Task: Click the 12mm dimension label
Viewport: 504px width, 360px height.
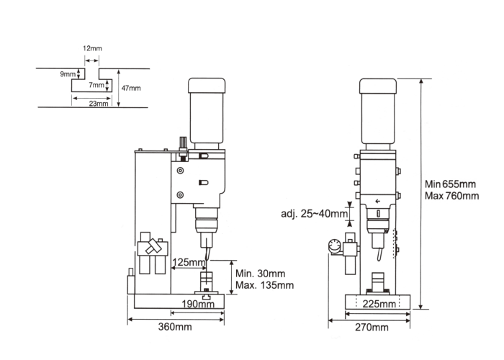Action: tap(92, 48)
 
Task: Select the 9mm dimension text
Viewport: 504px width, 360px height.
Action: tap(68, 74)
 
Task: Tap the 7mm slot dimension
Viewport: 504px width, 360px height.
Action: tap(96, 85)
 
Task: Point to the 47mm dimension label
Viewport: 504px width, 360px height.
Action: tap(131, 88)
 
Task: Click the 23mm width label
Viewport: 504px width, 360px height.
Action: tap(99, 104)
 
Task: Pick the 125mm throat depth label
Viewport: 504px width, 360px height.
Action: tap(189, 262)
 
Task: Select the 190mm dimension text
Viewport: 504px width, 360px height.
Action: tap(198, 304)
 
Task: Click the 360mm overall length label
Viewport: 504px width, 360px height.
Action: tap(175, 327)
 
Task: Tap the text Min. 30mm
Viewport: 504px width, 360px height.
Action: tap(261, 274)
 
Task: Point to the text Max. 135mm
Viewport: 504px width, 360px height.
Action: tap(264, 285)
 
